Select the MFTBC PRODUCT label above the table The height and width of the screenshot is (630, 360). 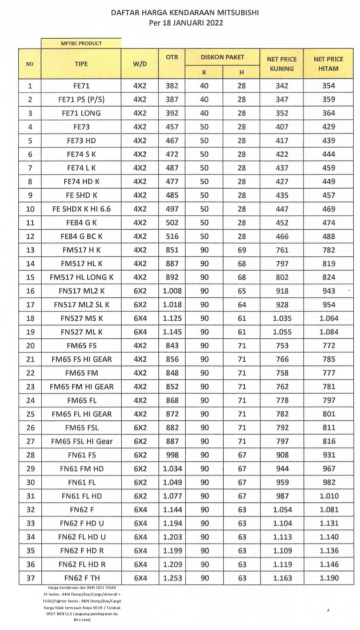[x=81, y=43]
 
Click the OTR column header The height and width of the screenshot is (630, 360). [x=172, y=57]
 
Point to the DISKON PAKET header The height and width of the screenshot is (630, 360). [x=222, y=57]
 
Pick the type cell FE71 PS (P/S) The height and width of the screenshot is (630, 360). [x=81, y=99]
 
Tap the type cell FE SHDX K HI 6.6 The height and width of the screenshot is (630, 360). [x=81, y=209]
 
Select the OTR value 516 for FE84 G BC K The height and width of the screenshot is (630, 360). [x=172, y=236]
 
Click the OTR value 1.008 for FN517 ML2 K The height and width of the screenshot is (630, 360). [x=172, y=291]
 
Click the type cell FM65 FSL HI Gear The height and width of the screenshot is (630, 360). [x=81, y=441]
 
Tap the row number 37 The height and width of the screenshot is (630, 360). [x=30, y=578]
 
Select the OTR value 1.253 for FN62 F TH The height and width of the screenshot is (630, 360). [x=172, y=578]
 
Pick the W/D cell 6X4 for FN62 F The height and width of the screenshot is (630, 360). [x=139, y=509]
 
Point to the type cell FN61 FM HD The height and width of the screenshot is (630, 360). [x=81, y=468]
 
